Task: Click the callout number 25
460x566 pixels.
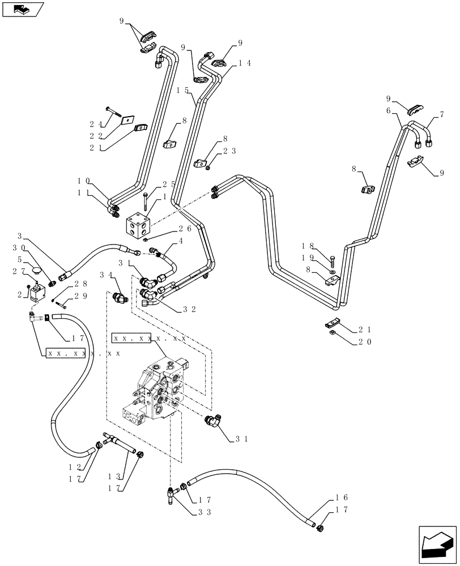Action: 168,185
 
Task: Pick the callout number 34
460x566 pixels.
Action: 105,276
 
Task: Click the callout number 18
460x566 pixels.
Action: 308,246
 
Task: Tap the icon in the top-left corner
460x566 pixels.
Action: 22,9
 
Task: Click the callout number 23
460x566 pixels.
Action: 228,151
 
